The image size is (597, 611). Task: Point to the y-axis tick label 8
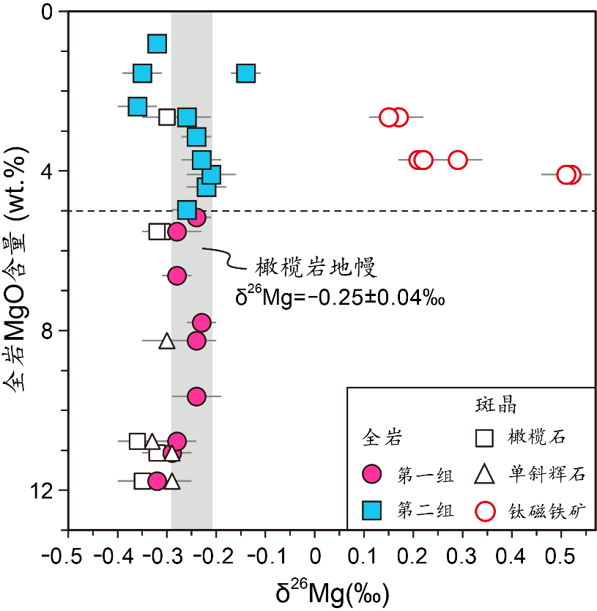[x=48, y=330]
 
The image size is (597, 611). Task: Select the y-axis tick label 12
[x=44, y=490]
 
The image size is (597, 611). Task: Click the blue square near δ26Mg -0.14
[x=246, y=73]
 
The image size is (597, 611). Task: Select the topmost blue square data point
[x=157, y=44]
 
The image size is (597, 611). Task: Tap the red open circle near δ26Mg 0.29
[x=458, y=160]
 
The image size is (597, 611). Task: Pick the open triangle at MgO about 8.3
[x=167, y=341]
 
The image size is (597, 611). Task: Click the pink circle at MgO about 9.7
[x=196, y=396]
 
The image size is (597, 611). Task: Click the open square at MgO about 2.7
[x=167, y=116]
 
